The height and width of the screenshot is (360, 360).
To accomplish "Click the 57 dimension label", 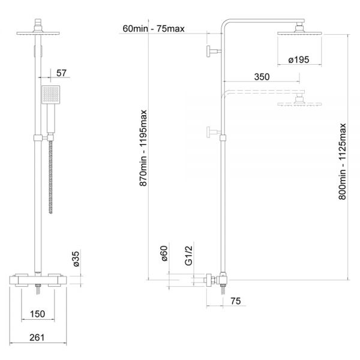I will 61,73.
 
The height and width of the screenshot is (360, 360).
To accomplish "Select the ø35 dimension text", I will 76,259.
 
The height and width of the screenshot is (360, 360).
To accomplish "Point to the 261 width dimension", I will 37,338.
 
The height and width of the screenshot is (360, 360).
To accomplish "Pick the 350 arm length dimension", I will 260,77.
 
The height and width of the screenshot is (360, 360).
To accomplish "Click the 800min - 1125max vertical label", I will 342,161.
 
